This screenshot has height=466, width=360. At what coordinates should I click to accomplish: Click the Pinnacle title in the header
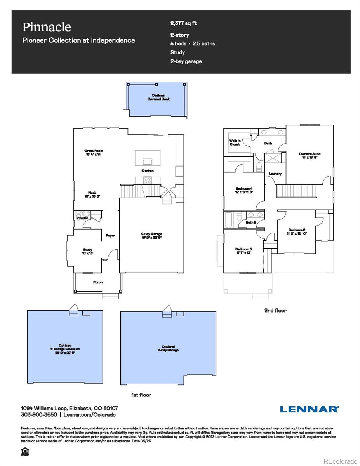point(47,27)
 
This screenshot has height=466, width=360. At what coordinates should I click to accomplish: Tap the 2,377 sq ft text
point(183,23)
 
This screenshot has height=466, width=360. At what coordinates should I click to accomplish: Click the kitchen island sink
point(148,161)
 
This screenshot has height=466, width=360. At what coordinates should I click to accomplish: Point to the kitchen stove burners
point(148,180)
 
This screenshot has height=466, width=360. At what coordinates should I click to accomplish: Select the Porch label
point(98,282)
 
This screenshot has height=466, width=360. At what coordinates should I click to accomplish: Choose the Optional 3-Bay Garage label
point(169,348)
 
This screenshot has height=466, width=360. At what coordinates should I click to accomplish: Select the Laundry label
point(275,174)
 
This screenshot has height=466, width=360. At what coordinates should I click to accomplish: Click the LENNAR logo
point(309,409)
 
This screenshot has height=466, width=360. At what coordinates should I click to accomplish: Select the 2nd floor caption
point(275,310)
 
